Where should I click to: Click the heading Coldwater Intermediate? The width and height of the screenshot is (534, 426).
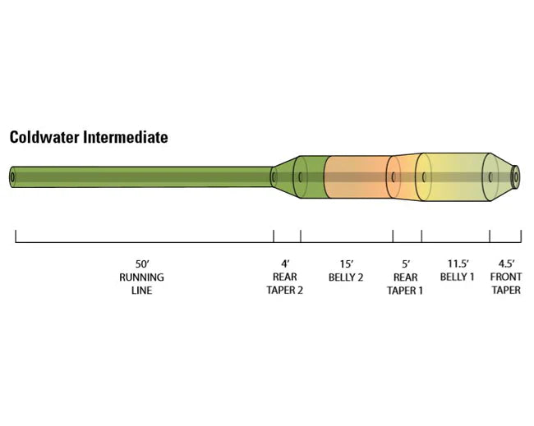[x=89, y=137]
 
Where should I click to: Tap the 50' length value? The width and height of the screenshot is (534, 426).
[x=142, y=264]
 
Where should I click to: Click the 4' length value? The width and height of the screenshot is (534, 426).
[x=285, y=264]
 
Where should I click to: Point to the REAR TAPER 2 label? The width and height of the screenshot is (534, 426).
[x=285, y=283]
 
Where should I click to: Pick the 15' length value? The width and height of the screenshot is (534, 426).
[x=346, y=264]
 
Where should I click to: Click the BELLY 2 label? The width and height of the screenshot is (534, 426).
[x=346, y=277]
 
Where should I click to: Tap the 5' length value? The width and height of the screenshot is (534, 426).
[x=405, y=264]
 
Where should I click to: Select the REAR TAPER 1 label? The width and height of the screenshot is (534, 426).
[x=405, y=283]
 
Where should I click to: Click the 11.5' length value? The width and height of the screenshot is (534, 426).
[x=457, y=264]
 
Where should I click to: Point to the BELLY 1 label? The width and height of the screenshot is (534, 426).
[x=457, y=277]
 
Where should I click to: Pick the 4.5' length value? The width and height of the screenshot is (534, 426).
[x=506, y=264]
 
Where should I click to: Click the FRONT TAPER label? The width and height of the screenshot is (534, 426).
[x=506, y=283]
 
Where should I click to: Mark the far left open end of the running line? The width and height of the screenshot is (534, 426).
[x=13, y=176]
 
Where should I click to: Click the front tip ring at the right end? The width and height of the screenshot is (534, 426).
[x=516, y=176]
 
